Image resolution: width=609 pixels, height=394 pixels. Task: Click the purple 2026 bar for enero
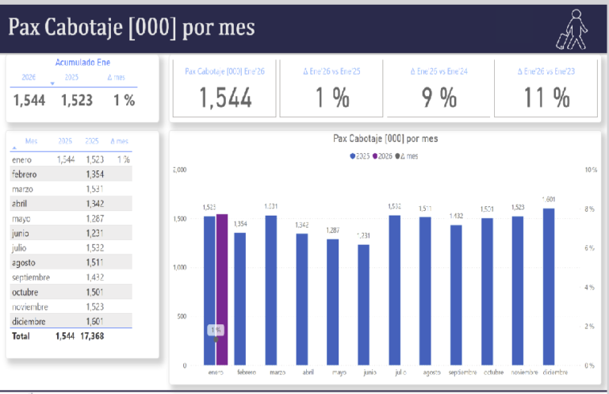pyautogui.click(x=221, y=289)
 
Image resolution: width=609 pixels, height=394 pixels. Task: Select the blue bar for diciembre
pyautogui.click(x=549, y=286)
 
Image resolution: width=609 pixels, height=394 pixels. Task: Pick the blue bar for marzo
pyautogui.click(x=271, y=290)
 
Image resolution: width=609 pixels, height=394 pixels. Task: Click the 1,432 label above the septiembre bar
pyautogui.click(x=456, y=216)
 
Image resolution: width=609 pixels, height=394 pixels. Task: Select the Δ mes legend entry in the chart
pyautogui.click(x=407, y=156)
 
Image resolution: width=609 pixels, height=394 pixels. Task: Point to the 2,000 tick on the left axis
pyautogui.click(x=178, y=170)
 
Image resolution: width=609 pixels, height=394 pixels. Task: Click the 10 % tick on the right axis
pyautogui.click(x=590, y=170)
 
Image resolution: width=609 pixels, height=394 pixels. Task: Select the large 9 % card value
pyautogui.click(x=439, y=98)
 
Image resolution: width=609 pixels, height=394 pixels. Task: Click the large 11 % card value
pyautogui.click(x=546, y=98)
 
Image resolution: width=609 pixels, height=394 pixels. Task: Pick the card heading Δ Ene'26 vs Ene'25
pyautogui.click(x=331, y=71)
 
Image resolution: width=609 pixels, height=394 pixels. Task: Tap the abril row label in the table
pyautogui.click(x=21, y=203)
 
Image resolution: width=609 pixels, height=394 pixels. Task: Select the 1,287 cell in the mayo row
pyautogui.click(x=95, y=218)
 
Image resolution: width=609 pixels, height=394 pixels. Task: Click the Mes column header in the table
pyautogui.click(x=32, y=141)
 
